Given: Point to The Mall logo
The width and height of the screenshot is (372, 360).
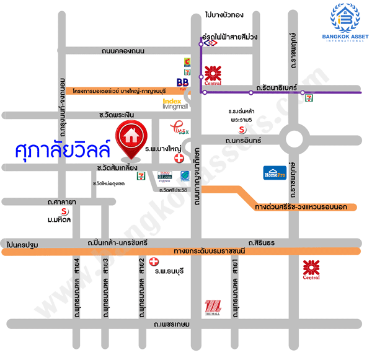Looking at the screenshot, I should [213, 307].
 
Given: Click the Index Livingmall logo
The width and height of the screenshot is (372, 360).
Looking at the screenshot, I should [175, 104].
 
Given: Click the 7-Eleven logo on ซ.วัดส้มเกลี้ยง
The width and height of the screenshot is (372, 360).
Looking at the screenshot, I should [143, 176].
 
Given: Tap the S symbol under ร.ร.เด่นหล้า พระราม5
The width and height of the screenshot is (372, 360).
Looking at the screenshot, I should [242, 129].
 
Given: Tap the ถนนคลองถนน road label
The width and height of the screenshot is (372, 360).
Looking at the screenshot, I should [123, 51].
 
